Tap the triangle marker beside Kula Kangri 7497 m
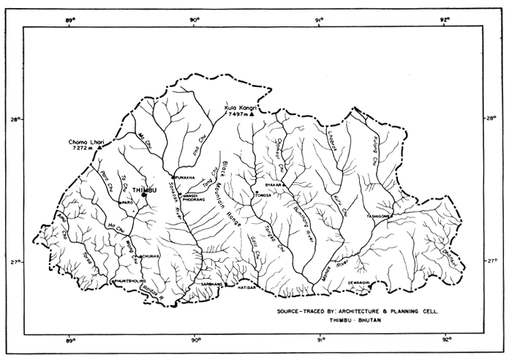(252, 115)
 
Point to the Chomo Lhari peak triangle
(99, 147)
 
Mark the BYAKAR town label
(274, 184)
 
